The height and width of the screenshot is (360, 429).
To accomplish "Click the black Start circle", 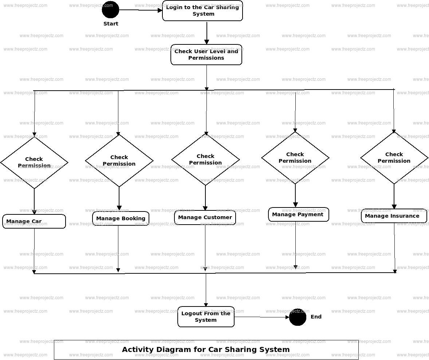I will (110, 9).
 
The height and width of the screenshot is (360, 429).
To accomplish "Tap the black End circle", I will (298, 317).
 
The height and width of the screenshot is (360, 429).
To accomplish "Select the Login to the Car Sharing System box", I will (202, 11).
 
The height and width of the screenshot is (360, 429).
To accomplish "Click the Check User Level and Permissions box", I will (206, 55).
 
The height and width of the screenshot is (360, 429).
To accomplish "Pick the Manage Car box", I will (34, 221).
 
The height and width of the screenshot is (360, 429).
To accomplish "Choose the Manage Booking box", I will (121, 218).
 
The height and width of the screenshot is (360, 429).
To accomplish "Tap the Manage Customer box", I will (205, 217).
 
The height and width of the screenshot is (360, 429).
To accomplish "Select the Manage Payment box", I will (298, 214).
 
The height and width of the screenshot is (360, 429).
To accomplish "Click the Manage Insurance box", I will (394, 216).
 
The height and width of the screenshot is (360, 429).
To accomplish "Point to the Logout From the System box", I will (206, 317).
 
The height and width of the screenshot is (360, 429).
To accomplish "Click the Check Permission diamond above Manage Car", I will (34, 162).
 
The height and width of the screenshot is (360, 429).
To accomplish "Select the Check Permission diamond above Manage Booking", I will (119, 161).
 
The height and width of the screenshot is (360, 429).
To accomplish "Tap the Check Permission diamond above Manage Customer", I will (205, 159).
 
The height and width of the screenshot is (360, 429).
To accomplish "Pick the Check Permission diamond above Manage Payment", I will (295, 158).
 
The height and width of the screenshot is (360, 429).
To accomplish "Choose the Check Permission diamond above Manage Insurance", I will (394, 158).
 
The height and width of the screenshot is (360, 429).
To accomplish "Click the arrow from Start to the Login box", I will (141, 10).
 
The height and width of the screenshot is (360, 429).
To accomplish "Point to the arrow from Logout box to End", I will (261, 317).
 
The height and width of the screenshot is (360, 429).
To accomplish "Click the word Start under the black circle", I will (111, 24).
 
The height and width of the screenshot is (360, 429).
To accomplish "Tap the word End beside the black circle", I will (316, 317).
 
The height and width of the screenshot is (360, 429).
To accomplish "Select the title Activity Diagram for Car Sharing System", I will (206, 350).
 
